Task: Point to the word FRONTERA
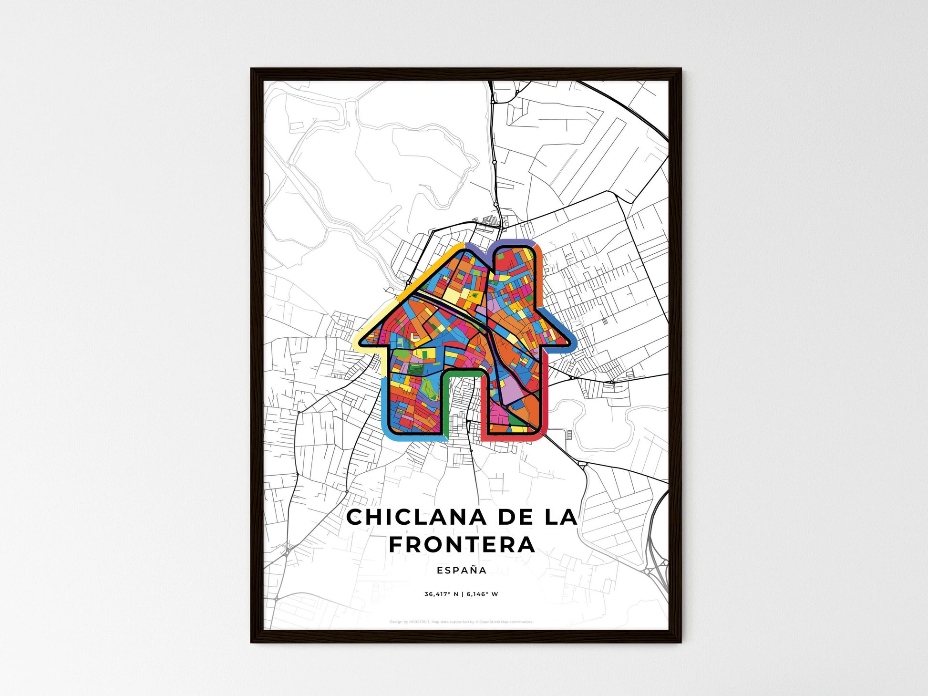(462, 545)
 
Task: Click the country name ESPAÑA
(462, 570)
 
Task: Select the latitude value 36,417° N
(441, 594)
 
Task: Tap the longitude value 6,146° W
(482, 594)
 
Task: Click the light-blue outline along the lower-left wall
(385, 405)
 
